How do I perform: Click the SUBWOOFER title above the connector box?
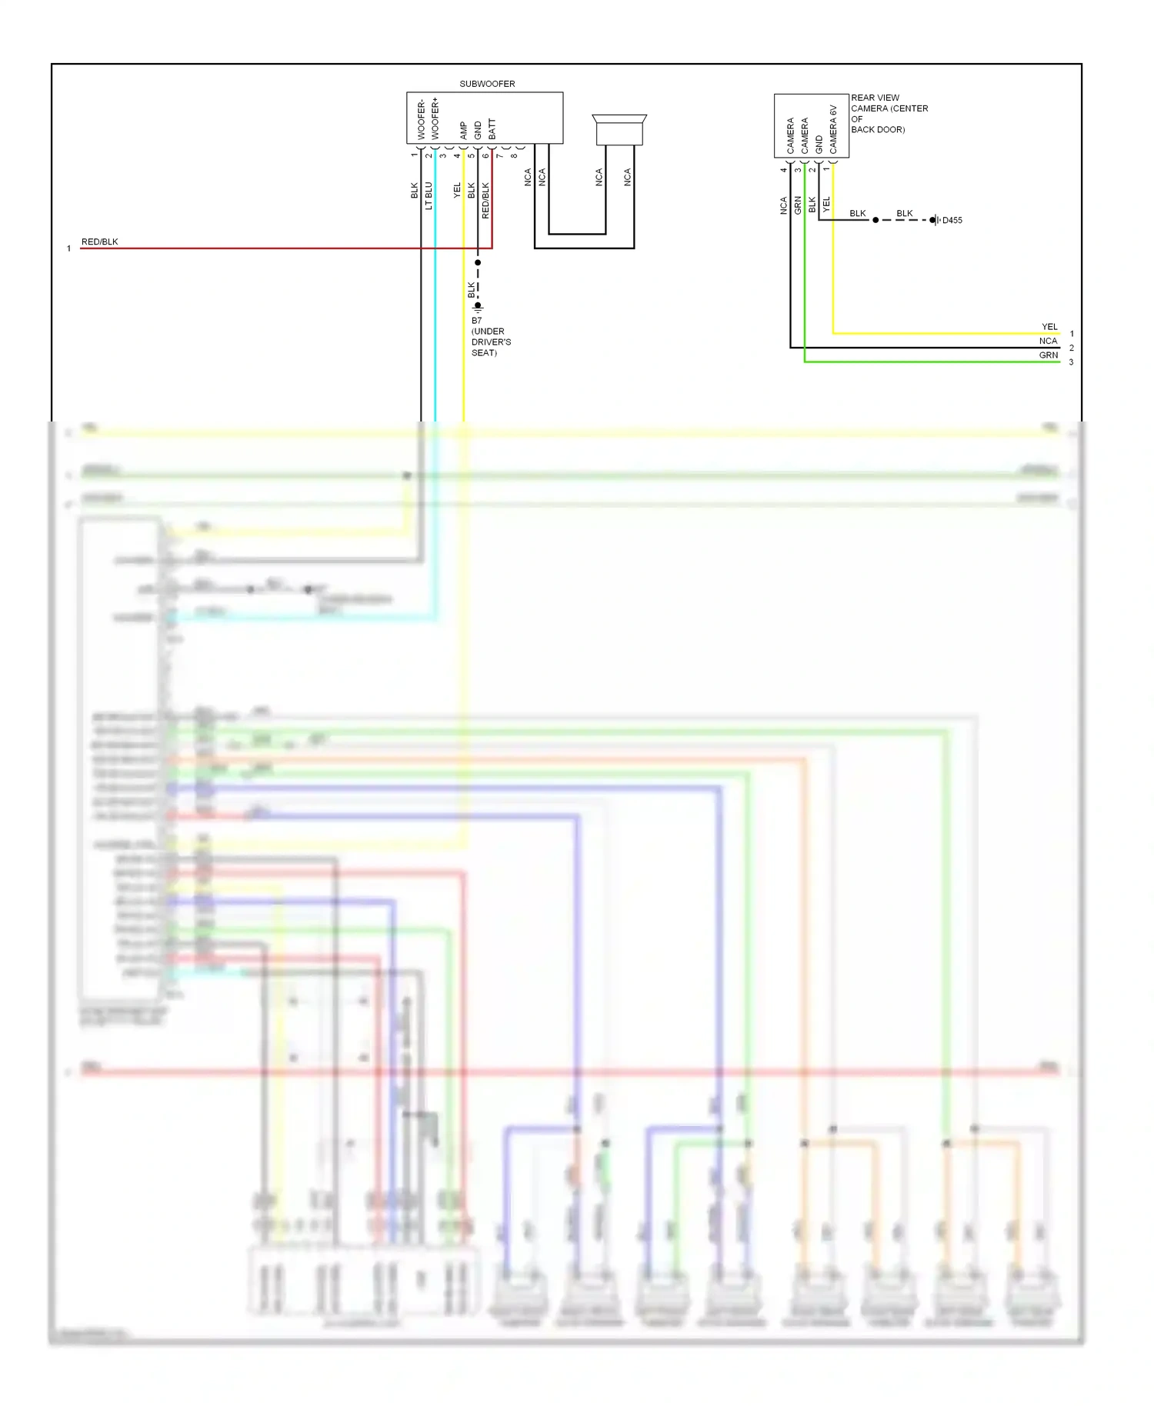coord(487,84)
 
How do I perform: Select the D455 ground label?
coord(952,221)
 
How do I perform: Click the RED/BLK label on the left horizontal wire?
coord(99,242)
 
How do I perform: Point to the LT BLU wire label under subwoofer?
coord(429,195)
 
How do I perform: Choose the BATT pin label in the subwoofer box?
coord(492,128)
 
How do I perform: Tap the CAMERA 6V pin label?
coord(833,129)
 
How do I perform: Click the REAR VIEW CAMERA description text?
coord(889,114)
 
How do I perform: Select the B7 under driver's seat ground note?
coord(490,337)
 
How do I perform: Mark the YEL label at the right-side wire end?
coord(1049,327)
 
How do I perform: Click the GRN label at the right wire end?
coord(1048,355)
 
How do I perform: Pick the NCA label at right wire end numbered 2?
coord(1048,341)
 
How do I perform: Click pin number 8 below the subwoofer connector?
coord(514,156)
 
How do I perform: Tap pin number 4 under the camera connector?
coord(784,170)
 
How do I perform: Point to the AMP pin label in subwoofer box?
coord(464,130)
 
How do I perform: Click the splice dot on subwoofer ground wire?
coord(478,263)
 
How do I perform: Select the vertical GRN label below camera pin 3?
coord(798,205)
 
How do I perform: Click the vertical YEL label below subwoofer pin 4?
coord(457,190)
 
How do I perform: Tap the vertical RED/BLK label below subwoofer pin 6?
coord(485,200)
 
